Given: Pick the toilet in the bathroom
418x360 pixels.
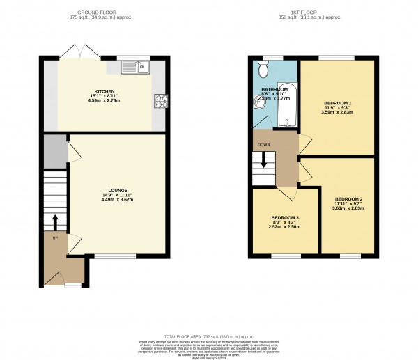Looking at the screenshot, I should pos(263,70).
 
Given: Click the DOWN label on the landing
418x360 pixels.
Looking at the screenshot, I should pos(264,145).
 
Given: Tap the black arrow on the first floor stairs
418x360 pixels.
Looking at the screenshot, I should pos(264,160).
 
